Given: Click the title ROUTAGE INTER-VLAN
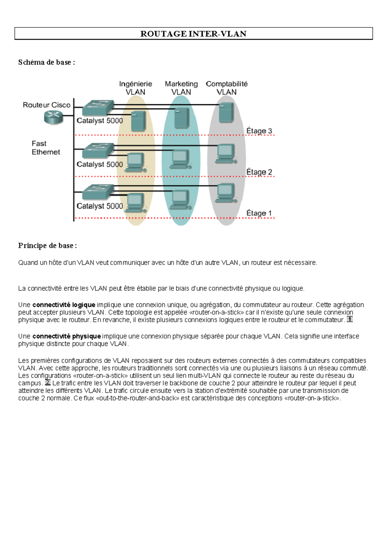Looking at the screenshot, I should click(193, 34).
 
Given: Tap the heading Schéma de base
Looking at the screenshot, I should click(46, 62).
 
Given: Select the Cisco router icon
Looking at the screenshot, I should click(54, 117).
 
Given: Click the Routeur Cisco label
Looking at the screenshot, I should click(46, 105).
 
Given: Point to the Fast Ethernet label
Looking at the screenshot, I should click(45, 148).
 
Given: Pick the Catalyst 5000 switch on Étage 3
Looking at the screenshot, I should click(98, 107).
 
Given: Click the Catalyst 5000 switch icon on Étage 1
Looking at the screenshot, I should click(98, 192).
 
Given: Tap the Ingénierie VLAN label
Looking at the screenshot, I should click(135, 88).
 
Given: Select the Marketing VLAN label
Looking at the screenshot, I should click(181, 88).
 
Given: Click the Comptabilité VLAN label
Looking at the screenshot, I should click(227, 88).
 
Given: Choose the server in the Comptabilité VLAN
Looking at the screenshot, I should click(226, 112).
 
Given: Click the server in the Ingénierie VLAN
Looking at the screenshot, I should click(138, 121).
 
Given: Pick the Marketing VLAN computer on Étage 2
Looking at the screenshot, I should click(180, 159).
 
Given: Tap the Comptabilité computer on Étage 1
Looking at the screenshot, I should click(226, 193).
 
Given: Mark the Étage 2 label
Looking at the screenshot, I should click(259, 172).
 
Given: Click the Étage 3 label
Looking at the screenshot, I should click(259, 131).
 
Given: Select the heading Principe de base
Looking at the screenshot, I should click(47, 246).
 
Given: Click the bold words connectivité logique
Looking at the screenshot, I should click(64, 305).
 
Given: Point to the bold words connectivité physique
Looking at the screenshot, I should click(66, 336).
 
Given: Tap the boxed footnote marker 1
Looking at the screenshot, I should click(350, 319).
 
